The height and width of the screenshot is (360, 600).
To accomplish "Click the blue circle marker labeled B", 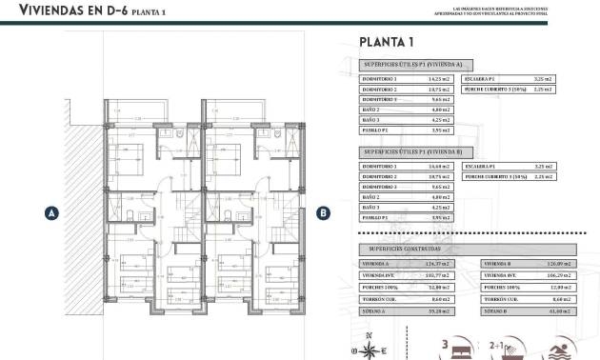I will click(323, 213).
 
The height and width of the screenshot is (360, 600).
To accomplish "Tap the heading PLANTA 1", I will click(386, 41).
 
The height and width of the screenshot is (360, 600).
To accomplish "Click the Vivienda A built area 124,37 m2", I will click(439, 264).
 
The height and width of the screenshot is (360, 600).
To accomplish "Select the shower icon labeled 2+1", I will click(500, 343).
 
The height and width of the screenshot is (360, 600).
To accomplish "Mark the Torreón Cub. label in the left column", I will click(372, 299).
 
